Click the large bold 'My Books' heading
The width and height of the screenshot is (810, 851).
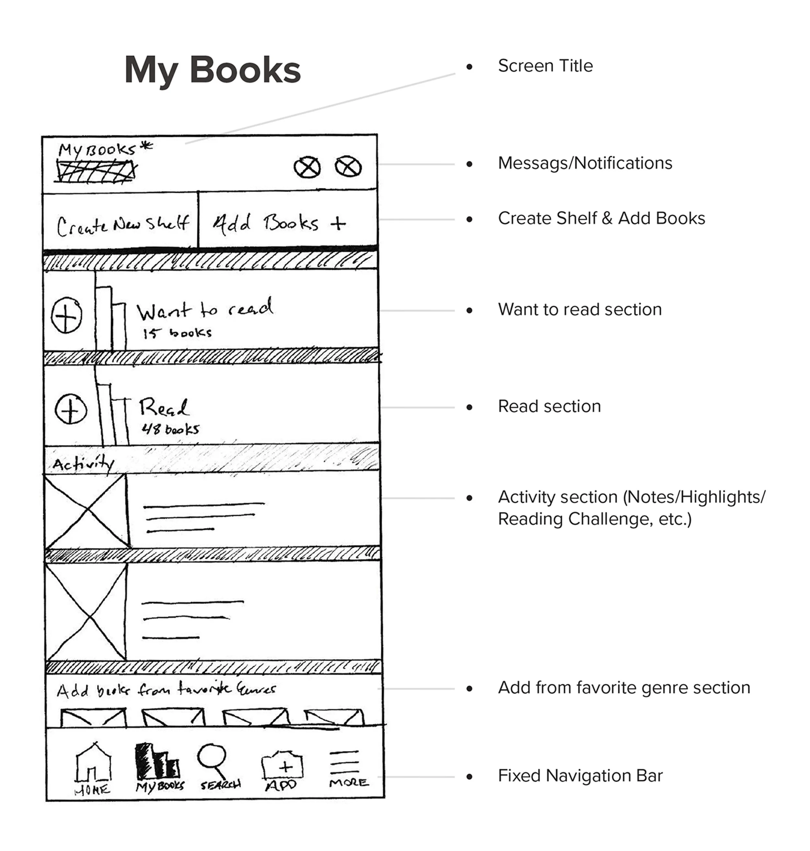click(x=213, y=70)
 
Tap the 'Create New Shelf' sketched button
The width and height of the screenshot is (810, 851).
click(x=122, y=225)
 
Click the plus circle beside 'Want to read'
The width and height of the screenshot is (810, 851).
click(x=66, y=316)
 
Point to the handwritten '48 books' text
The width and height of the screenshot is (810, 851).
click(x=170, y=429)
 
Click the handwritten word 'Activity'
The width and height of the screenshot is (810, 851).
click(x=83, y=464)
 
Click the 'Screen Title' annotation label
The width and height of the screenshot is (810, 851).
click(x=545, y=66)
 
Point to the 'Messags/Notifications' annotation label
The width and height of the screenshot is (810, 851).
click(x=585, y=163)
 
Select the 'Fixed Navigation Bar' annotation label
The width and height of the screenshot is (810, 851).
click(x=580, y=776)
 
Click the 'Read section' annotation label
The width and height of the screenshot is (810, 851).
click(x=549, y=407)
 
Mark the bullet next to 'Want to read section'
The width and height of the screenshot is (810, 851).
click(x=469, y=310)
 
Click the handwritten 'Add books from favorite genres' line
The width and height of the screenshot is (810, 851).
click(x=166, y=689)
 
